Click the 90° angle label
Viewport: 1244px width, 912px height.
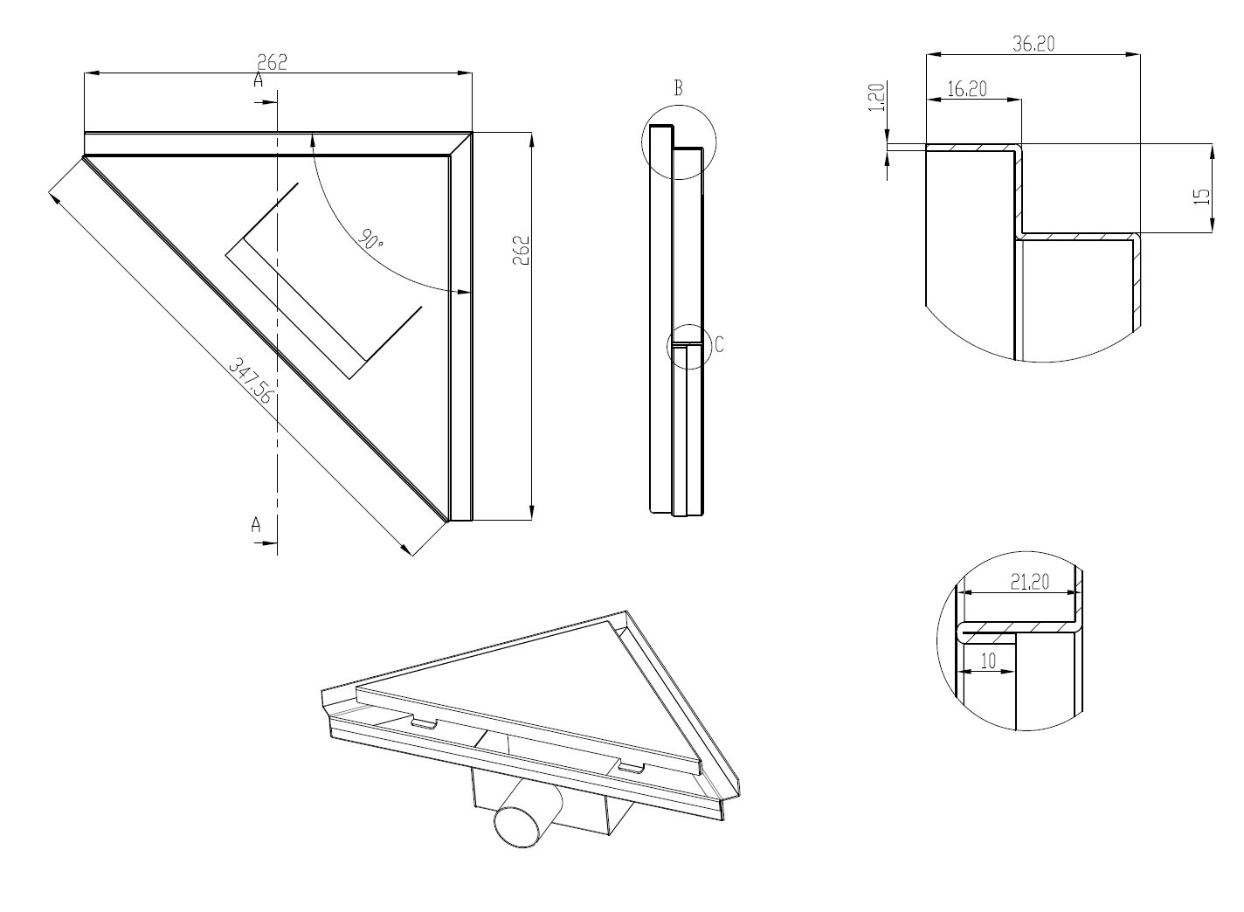tap(370, 240)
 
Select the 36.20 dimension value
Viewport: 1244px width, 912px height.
tap(1033, 44)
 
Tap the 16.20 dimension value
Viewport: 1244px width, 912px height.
tap(966, 88)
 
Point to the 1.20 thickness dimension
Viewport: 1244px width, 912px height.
tap(878, 96)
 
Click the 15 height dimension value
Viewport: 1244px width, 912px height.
tap(1203, 197)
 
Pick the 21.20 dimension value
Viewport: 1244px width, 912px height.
tap(1029, 582)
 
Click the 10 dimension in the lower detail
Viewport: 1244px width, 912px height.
tap(988, 661)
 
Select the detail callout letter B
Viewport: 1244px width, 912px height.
tap(677, 87)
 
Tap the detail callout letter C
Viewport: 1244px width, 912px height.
tap(719, 345)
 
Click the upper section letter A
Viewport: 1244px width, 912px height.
tap(258, 80)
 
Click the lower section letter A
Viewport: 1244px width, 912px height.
tap(256, 524)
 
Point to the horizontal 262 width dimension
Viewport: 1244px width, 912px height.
tap(272, 62)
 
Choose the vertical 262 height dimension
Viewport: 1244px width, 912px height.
tap(522, 251)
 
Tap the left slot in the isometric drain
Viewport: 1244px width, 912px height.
tap(425, 723)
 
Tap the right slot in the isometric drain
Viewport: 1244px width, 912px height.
tap(631, 768)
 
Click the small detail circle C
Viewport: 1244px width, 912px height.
tap(687, 346)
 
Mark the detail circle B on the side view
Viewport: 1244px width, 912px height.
tap(679, 142)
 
